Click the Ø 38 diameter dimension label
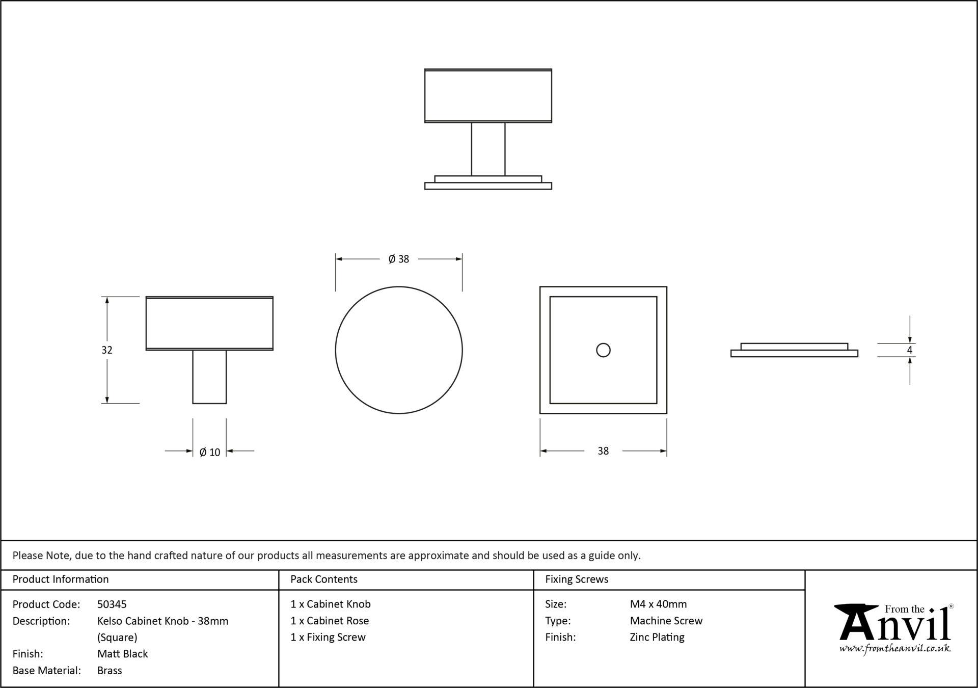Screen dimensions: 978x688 click(399, 259)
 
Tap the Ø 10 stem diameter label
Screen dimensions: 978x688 click(210, 452)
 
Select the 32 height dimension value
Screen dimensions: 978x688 click(106, 350)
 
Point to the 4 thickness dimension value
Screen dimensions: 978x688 click(909, 350)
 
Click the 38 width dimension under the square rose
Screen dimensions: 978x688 click(603, 451)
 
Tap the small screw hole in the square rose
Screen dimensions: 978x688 click(603, 350)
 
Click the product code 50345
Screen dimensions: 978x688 click(112, 604)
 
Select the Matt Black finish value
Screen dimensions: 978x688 click(123, 654)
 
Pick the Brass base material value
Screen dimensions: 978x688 click(110, 671)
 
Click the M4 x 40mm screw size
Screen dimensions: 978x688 click(658, 604)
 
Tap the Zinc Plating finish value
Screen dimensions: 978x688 click(657, 638)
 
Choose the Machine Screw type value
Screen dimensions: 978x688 click(666, 621)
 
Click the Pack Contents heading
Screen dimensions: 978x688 click(324, 579)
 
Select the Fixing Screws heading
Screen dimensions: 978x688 click(577, 579)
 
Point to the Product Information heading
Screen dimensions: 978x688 click(61, 579)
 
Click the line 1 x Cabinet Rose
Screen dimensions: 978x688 click(330, 621)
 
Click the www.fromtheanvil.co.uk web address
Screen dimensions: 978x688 click(895, 649)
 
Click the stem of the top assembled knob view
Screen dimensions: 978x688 click(488, 149)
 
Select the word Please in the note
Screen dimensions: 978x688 click(28, 555)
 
